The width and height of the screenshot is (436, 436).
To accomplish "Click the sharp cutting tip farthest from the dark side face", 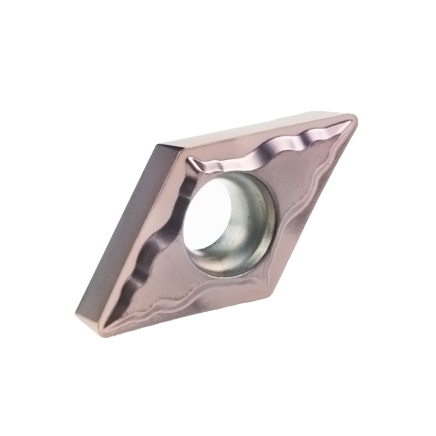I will coord(352,118).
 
